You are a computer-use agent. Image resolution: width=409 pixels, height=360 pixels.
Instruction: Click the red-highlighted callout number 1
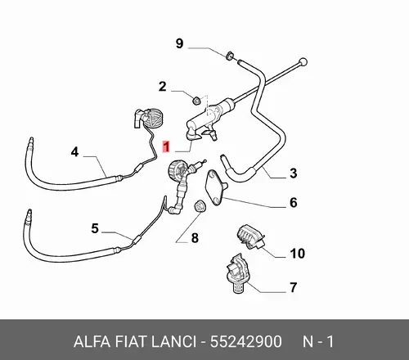[x=166, y=146]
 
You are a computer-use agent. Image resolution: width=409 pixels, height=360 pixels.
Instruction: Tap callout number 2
[x=163, y=87]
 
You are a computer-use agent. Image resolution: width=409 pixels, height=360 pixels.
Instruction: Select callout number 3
[x=293, y=173]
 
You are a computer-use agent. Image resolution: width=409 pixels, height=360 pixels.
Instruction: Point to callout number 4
[x=74, y=151]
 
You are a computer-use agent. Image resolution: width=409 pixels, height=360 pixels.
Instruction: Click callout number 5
[x=95, y=228]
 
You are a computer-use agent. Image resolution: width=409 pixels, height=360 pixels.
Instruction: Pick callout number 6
[x=293, y=202]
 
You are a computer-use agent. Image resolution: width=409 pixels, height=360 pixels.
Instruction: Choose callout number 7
[x=293, y=287]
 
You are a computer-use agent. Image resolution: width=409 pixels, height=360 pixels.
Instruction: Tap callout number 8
[x=195, y=238]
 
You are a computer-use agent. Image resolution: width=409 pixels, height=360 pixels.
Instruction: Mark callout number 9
[x=179, y=43]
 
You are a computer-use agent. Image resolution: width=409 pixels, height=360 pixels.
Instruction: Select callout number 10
[x=297, y=254]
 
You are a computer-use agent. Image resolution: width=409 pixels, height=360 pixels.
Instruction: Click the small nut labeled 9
[x=230, y=56]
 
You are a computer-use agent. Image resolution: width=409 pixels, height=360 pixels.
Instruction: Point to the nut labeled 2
[x=196, y=101]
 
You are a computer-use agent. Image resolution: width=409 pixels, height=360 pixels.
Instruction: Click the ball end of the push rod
[x=303, y=62]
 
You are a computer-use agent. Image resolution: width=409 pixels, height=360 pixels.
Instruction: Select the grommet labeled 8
[x=200, y=206]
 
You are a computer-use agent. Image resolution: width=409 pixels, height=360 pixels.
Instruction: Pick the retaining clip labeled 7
[x=236, y=273]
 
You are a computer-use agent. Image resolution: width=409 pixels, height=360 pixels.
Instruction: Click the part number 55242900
[x=246, y=341]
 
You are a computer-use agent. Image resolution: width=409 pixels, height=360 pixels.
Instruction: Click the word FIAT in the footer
[x=130, y=341]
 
